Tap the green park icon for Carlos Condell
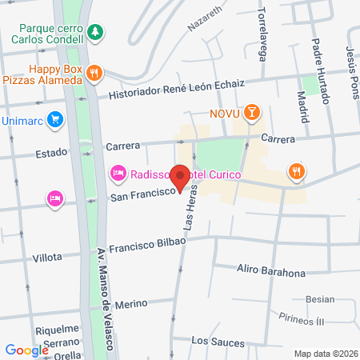coord(95,31)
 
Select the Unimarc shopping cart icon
coord(54,120)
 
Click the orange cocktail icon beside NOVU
coord(252,113)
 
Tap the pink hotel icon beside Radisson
coord(118,173)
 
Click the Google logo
coord(26,350)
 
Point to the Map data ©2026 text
coord(324,354)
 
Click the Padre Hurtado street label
coord(320,72)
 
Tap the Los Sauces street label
coord(218,342)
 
